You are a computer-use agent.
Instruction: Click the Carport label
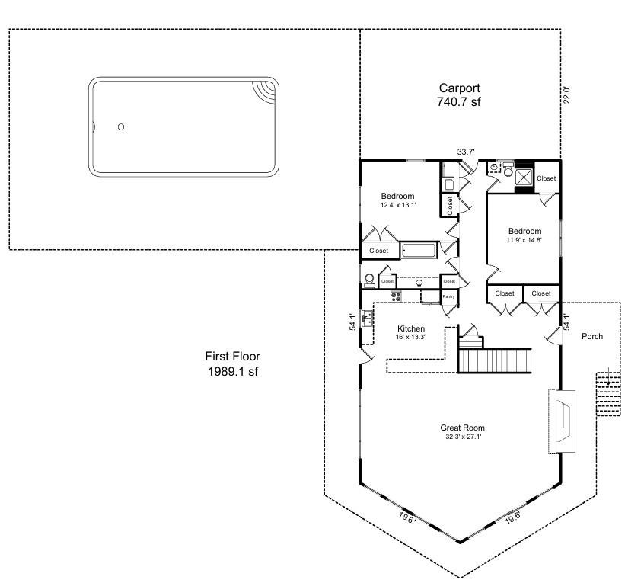tap(459, 88)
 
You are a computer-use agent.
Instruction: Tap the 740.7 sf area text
tap(458, 102)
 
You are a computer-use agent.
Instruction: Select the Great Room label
tap(463, 428)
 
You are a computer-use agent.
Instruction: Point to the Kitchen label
tap(411, 328)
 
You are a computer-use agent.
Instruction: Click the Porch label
tap(592, 336)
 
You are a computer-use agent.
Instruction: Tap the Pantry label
tap(448, 296)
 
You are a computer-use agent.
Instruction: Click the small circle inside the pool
tap(121, 127)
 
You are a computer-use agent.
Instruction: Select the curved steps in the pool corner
tap(264, 92)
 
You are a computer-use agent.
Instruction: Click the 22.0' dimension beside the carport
tap(566, 95)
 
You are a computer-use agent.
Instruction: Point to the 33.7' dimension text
tap(466, 152)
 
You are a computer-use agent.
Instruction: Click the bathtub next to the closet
tap(419, 251)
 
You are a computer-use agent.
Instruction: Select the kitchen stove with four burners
tap(396, 296)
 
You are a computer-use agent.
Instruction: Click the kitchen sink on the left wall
tap(367, 319)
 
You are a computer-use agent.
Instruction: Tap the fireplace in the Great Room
tap(562, 421)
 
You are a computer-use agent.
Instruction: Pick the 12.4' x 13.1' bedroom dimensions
tap(398, 205)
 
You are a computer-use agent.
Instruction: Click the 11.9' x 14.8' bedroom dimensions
tap(524, 241)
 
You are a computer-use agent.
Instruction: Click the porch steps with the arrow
tap(608, 394)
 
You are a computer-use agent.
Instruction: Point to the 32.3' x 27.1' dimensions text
tap(463, 437)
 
